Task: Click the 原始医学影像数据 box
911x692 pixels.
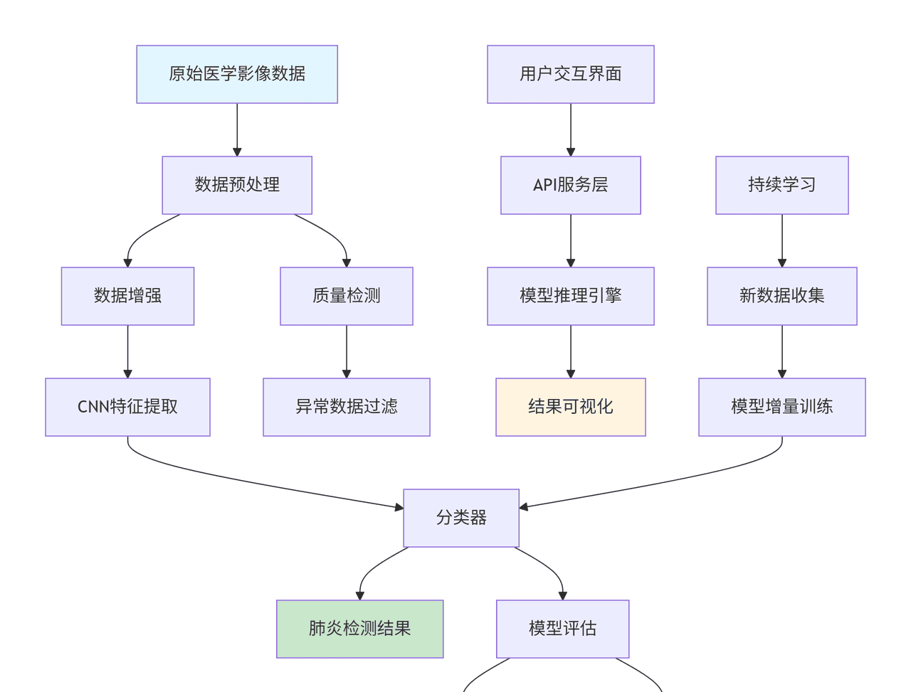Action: pyautogui.click(x=237, y=75)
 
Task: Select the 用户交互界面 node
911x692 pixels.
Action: pyautogui.click(x=570, y=75)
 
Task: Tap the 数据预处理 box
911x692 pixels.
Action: pyautogui.click(x=237, y=185)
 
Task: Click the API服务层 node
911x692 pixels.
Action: pyautogui.click(x=570, y=185)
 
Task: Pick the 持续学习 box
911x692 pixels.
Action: pyautogui.click(x=781, y=185)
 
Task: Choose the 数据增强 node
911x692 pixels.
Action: pyautogui.click(x=127, y=296)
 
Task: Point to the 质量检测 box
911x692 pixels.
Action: pyautogui.click(x=347, y=296)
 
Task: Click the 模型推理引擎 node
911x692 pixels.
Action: pyautogui.click(x=570, y=296)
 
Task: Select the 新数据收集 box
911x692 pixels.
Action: pyautogui.click(x=781, y=296)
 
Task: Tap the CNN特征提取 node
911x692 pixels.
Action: pyautogui.click(x=127, y=407)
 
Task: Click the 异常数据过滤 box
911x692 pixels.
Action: pyautogui.click(x=347, y=407)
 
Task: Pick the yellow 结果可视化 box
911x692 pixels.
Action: pyautogui.click(x=570, y=407)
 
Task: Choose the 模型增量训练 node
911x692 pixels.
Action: pyautogui.click(x=781, y=407)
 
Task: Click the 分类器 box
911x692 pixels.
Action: pyautogui.click(x=461, y=518)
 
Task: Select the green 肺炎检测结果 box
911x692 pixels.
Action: pyautogui.click(x=359, y=629)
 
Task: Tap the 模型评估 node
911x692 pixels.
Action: pyautogui.click(x=562, y=629)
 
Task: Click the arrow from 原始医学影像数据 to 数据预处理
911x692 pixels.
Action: pyautogui.click(x=237, y=129)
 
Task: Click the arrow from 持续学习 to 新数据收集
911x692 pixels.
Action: pyautogui.click(x=781, y=240)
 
